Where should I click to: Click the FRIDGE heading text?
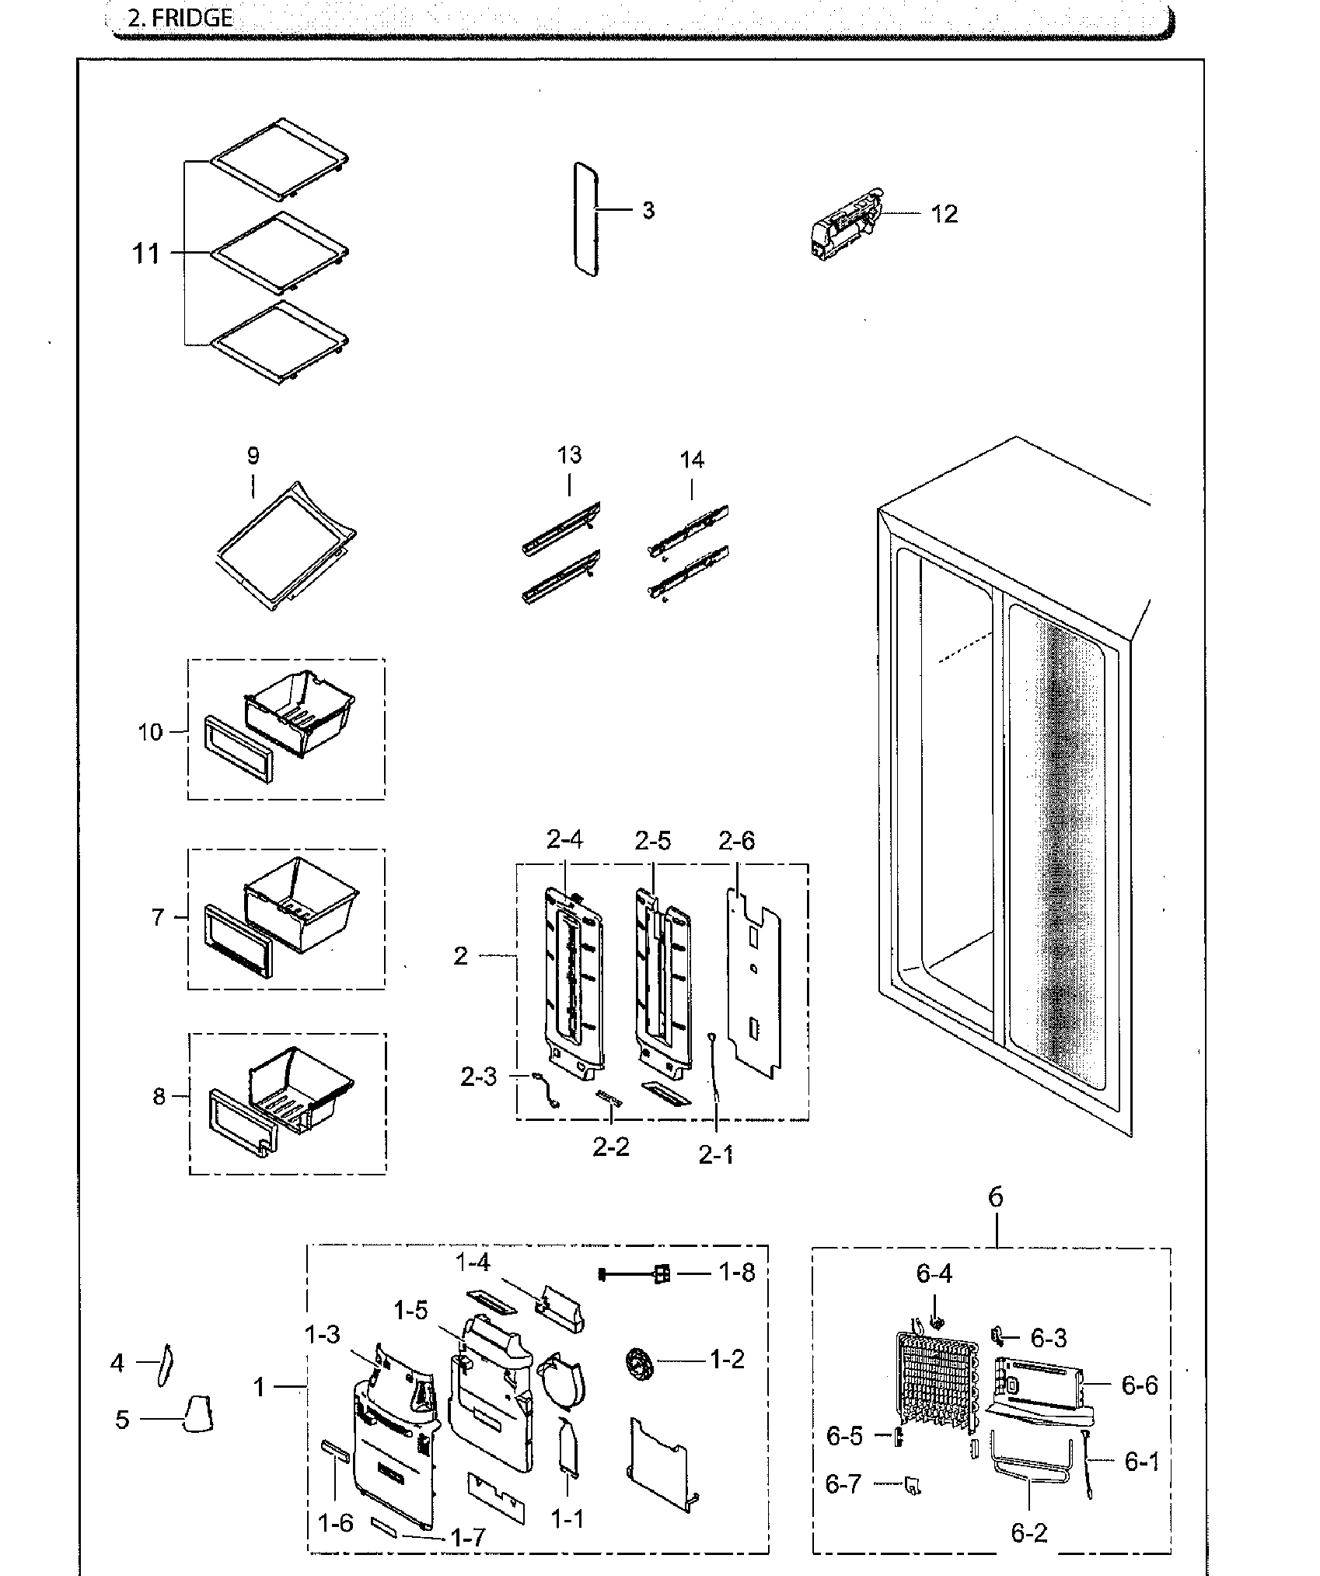click(180, 18)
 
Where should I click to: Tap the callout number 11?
click(147, 254)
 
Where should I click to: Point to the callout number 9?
click(253, 456)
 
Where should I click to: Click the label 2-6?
click(736, 841)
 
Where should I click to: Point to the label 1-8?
click(735, 1273)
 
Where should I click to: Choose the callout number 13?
click(569, 454)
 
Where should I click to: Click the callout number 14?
click(691, 460)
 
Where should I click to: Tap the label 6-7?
click(843, 1484)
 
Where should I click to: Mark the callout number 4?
click(117, 1363)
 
